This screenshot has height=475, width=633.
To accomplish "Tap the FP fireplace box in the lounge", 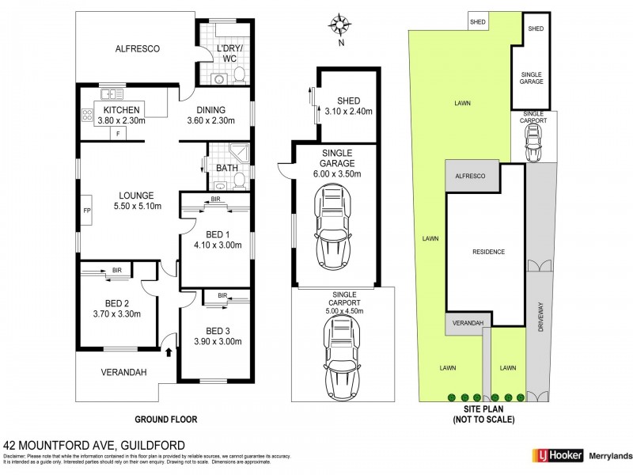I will pos(87,211).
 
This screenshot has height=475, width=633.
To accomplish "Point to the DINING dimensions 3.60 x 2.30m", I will pos(207,121).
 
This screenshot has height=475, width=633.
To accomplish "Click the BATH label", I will pos(226,168).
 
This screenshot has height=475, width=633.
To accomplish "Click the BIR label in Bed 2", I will pos(117,270).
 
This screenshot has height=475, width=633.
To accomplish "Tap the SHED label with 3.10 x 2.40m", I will pos(348,106).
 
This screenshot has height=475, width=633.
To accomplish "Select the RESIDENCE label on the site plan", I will pos(488,252).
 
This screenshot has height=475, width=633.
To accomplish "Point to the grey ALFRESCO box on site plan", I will pos(472,176).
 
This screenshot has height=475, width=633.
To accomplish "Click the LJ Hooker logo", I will pos(557,455).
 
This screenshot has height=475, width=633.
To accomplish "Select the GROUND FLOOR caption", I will pos(165,420).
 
